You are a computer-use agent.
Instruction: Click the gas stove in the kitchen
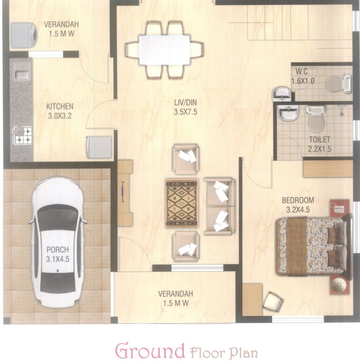coord(22,135)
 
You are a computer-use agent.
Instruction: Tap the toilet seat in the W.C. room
coord(335,84)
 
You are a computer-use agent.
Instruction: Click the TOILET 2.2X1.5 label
coord(319,144)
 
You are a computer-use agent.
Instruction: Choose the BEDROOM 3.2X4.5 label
coord(297,205)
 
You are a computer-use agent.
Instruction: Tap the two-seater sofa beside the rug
coord(219,206)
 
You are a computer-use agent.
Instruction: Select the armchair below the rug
coord(186,246)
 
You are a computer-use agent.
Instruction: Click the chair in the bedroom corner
coord(273,301)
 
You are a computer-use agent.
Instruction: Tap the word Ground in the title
coord(150,351)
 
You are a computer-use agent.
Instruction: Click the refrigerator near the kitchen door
coord(98,146)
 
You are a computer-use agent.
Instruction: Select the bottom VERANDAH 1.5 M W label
coord(175,298)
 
